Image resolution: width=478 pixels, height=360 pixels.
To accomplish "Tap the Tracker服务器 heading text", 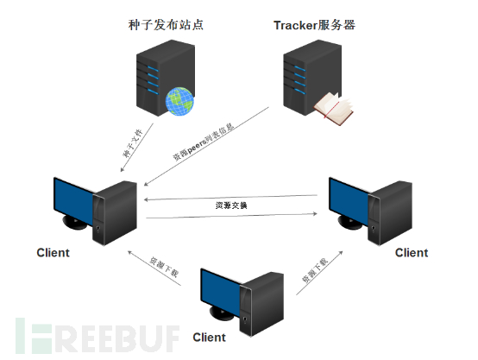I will pos(314,25).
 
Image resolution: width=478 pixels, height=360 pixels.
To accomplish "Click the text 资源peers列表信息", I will pos(204,143).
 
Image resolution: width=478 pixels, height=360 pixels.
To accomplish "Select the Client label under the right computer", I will pos(411,253).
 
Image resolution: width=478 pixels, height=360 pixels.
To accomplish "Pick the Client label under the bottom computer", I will pos(209,337).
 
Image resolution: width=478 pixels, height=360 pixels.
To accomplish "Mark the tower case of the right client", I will pos(394,207).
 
